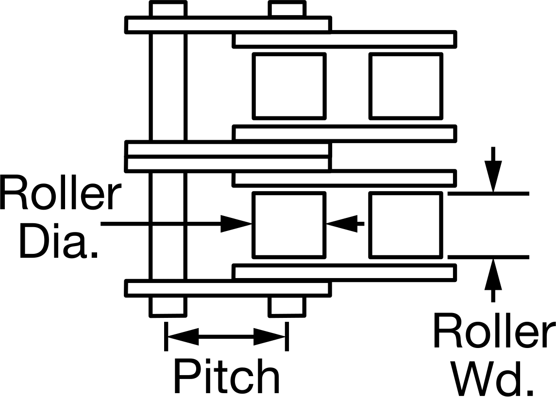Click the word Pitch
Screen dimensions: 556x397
point(226,376)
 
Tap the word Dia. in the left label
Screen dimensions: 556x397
point(58,240)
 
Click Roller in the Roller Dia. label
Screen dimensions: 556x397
point(60,191)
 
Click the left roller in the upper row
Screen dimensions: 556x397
point(289,86)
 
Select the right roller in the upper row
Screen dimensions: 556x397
point(406,86)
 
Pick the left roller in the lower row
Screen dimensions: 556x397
point(289,225)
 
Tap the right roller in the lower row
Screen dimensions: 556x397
point(406,225)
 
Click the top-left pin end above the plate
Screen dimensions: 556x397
point(168,9)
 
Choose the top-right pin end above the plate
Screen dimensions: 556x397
point(287,9)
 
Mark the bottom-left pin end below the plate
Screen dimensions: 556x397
point(168,306)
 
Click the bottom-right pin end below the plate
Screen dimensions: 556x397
point(287,306)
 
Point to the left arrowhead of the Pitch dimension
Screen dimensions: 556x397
point(183,336)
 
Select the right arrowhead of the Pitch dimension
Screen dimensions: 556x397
point(270,336)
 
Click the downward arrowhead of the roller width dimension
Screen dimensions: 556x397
point(493,176)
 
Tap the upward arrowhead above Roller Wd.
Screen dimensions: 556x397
point(493,274)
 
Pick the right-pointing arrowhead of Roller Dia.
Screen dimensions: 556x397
point(236,224)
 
